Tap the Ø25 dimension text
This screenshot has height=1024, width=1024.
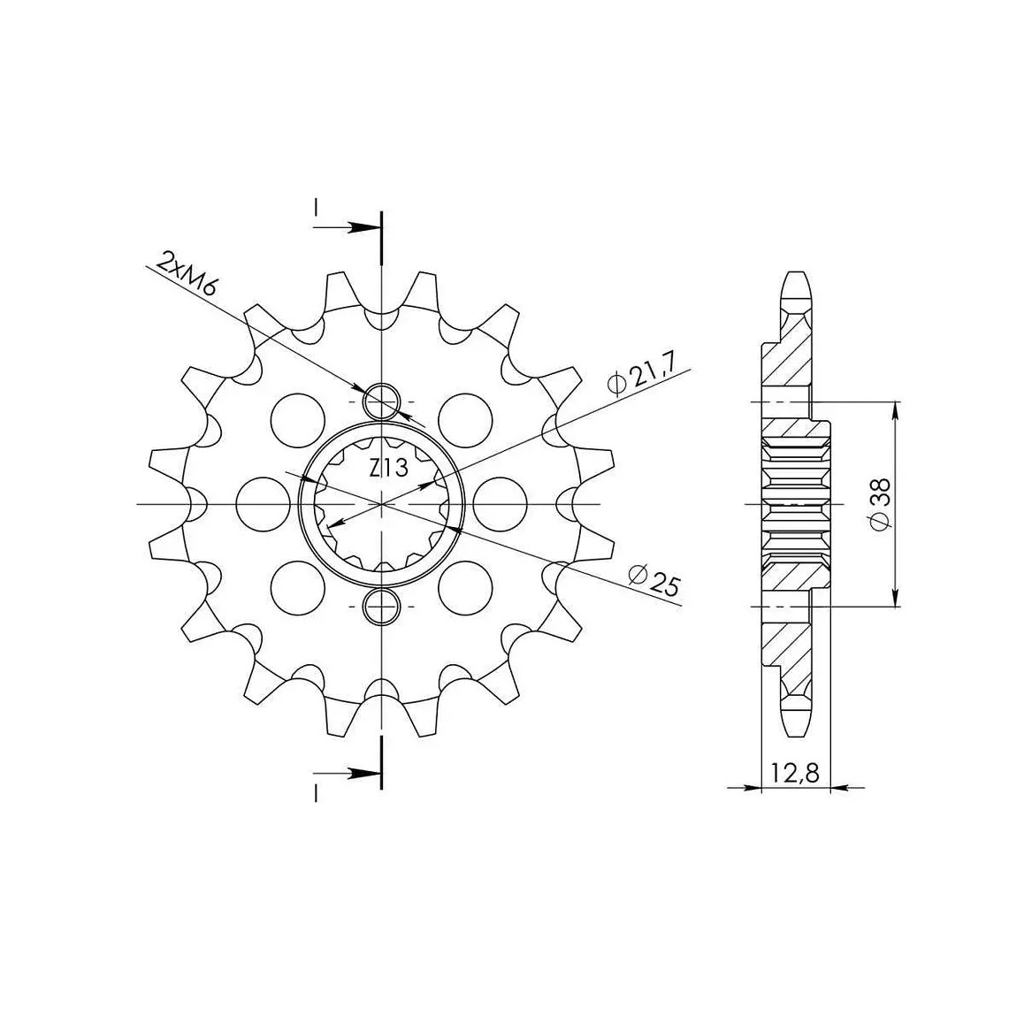tap(653, 580)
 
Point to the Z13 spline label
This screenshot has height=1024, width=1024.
tap(388, 468)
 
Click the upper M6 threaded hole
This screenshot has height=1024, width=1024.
tap(382, 401)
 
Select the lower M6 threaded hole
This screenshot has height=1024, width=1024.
tap(382, 607)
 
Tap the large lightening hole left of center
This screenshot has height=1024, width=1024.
tap(263, 504)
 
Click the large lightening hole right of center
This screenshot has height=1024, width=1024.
tap(501, 504)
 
